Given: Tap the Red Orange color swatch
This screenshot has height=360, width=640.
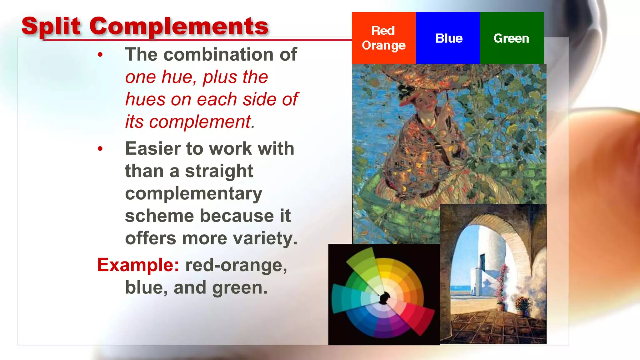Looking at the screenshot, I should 383,38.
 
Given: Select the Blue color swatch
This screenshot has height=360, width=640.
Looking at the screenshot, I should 447,38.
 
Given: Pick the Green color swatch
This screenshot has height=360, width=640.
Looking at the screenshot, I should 512,38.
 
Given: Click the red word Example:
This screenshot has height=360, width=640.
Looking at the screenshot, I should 138,265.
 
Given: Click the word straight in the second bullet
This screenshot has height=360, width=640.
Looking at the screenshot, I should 219,171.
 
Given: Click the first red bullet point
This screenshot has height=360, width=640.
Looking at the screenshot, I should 100,55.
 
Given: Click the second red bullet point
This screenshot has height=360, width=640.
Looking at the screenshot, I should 100,149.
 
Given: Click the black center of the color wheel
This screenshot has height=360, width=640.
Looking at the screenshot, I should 384,297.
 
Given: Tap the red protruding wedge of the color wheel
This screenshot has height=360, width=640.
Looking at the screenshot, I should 422,319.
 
